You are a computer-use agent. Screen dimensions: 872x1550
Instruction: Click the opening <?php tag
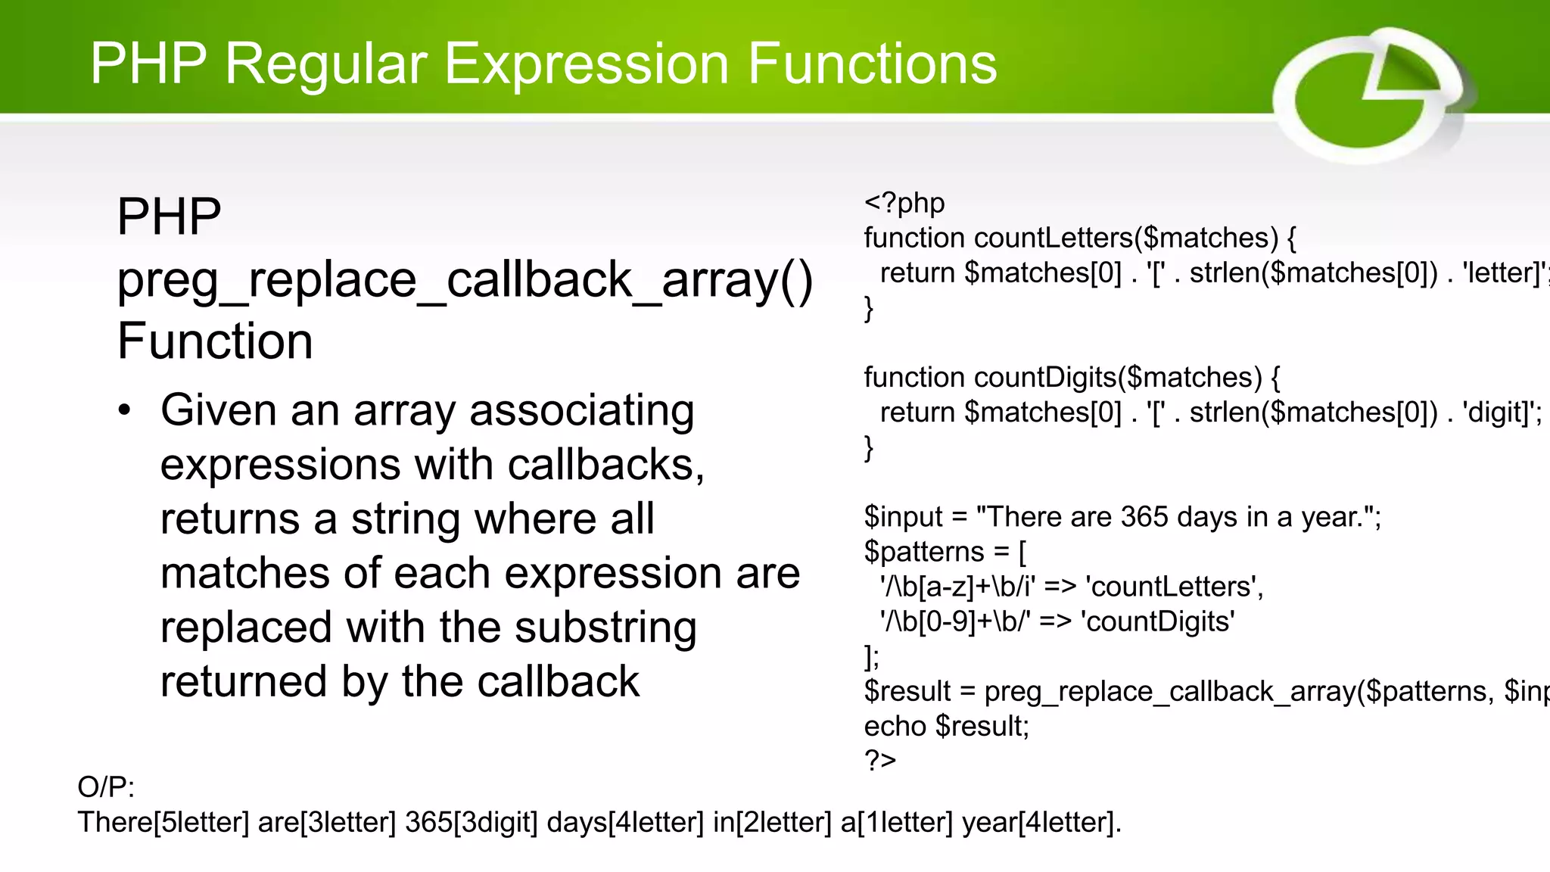coord(904,203)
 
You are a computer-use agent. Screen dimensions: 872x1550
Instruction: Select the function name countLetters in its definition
coord(1053,238)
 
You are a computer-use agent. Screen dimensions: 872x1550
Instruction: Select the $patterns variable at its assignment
coord(924,552)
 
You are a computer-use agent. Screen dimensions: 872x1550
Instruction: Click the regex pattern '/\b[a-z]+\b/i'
coord(957,587)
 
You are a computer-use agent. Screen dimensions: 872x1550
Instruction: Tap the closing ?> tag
coord(880,760)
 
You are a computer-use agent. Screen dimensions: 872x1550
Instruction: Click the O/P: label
coord(106,787)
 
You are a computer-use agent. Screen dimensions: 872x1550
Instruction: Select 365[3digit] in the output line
coord(471,822)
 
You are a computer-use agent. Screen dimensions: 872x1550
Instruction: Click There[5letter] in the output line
coord(163,822)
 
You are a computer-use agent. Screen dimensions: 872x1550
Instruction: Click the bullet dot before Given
coord(125,411)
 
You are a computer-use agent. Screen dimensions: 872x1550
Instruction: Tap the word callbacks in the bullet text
coord(605,465)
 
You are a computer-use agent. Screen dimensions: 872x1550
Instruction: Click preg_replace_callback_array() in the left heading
coord(465,279)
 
